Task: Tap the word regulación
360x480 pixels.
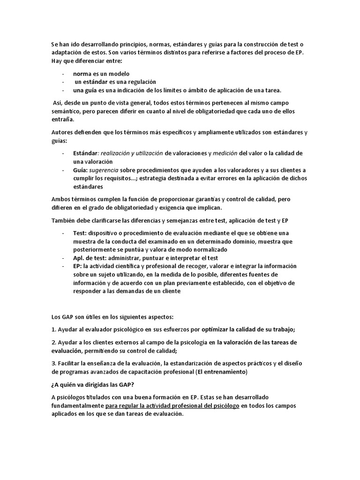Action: coord(139,82)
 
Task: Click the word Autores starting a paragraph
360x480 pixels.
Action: coord(62,133)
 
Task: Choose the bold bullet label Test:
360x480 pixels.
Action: coord(80,233)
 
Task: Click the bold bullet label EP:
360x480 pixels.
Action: coord(78,266)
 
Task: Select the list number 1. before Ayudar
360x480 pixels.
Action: coord(53,329)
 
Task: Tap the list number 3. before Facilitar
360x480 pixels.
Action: coord(53,363)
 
